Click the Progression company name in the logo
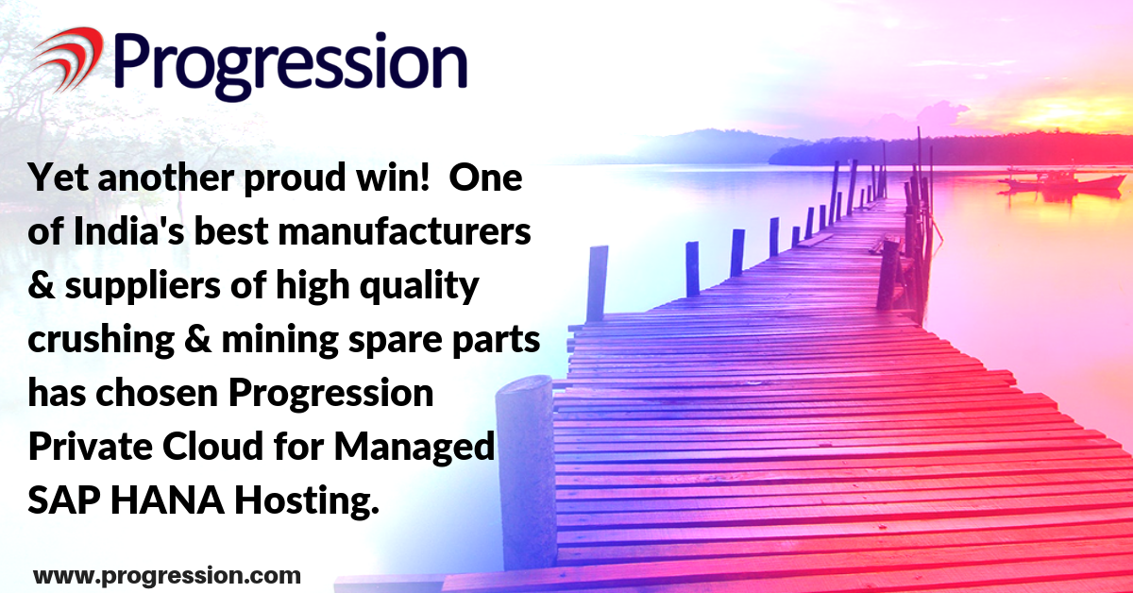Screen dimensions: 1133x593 click(291, 66)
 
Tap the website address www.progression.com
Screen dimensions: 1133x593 click(167, 576)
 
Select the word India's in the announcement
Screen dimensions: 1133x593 click(129, 231)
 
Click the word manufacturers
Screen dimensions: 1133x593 click(405, 231)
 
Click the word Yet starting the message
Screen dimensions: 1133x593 click(59, 178)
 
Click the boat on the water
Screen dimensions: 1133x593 click(1062, 182)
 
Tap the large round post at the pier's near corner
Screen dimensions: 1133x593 click(526, 473)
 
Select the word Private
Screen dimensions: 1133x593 click(90, 446)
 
